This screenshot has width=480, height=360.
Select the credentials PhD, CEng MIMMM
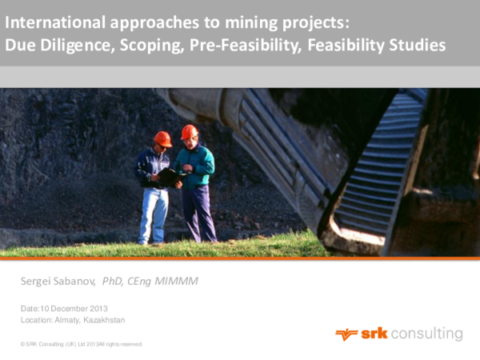click(x=150, y=281)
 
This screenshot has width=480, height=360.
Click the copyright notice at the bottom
click(x=82, y=344)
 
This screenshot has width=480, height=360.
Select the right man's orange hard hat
click(x=189, y=131)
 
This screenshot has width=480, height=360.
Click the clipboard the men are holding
click(x=170, y=177)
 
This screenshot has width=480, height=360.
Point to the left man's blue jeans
click(x=154, y=213)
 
